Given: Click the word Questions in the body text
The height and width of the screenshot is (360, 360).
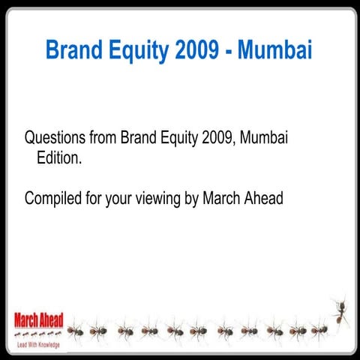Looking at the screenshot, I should (54, 139).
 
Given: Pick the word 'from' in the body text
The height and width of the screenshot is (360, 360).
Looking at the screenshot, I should (101, 139).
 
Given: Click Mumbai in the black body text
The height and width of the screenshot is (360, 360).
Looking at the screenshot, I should (265, 139).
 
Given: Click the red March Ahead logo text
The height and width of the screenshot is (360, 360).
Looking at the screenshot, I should (37, 319).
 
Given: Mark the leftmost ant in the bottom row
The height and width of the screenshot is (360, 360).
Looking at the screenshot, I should (76, 330).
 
